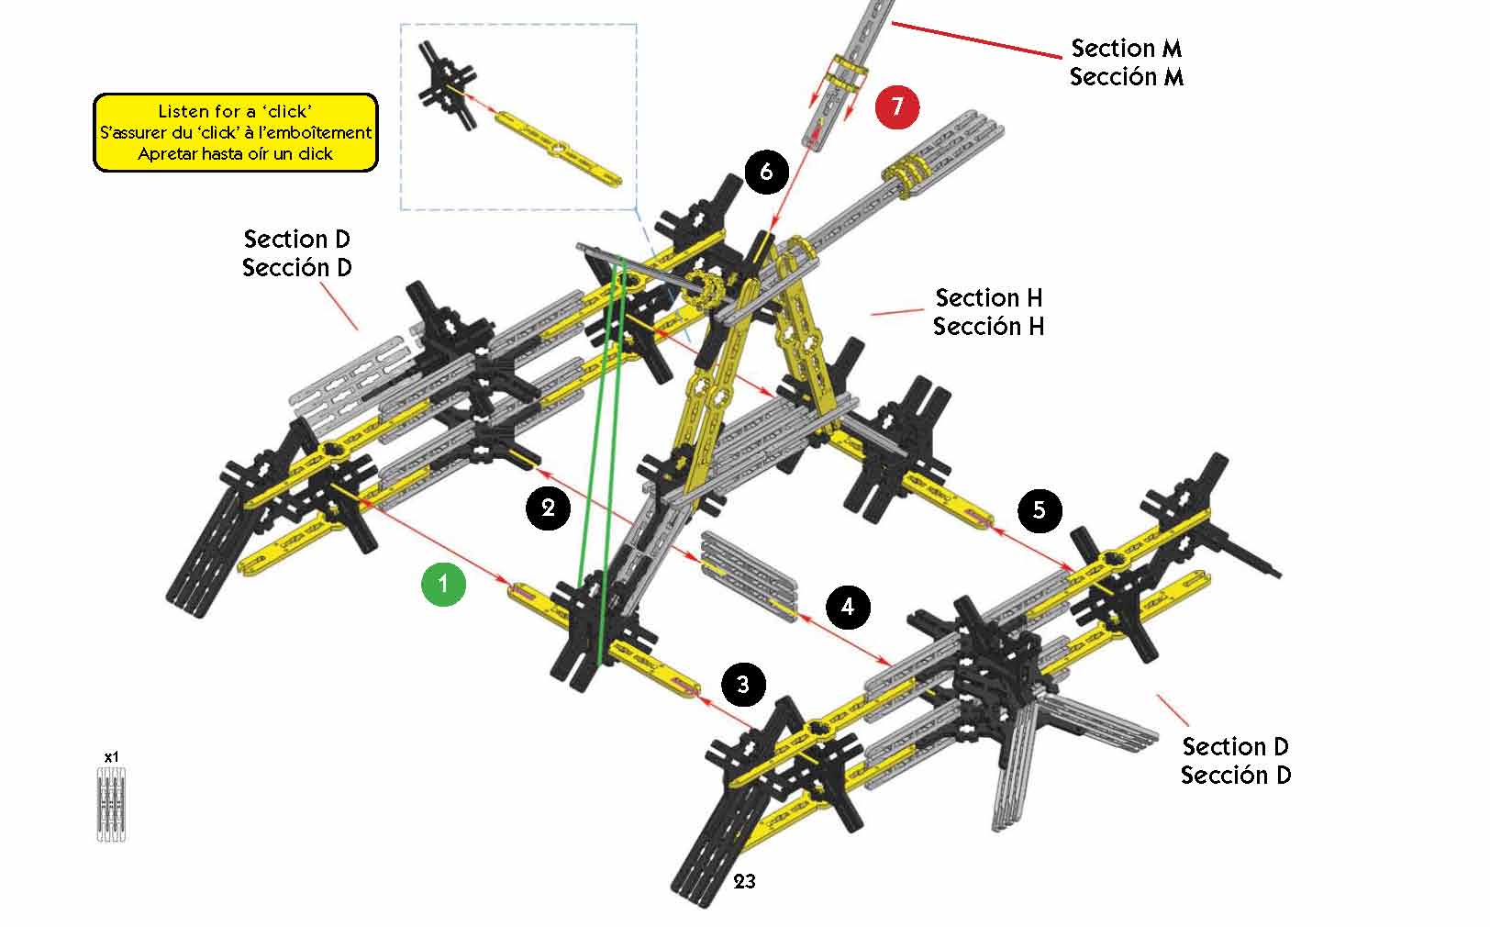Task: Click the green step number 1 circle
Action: click(x=444, y=584)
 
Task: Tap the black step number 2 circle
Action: click(x=549, y=507)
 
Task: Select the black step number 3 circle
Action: click(x=743, y=684)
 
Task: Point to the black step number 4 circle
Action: click(x=848, y=607)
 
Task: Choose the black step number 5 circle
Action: click(x=1039, y=509)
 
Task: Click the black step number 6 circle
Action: click(x=767, y=172)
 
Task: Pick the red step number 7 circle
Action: click(x=897, y=106)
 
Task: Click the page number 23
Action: click(x=745, y=881)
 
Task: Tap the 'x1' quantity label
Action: click(x=111, y=757)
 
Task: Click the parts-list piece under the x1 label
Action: click(x=111, y=805)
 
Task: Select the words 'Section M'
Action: click(x=1127, y=48)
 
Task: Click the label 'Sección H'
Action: click(x=989, y=327)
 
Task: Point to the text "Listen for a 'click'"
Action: click(x=235, y=111)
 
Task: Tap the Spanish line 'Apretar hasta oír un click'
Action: click(x=235, y=153)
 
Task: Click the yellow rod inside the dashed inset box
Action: click(x=558, y=149)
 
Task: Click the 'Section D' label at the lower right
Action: click(x=1235, y=746)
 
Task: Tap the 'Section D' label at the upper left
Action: click(x=296, y=240)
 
